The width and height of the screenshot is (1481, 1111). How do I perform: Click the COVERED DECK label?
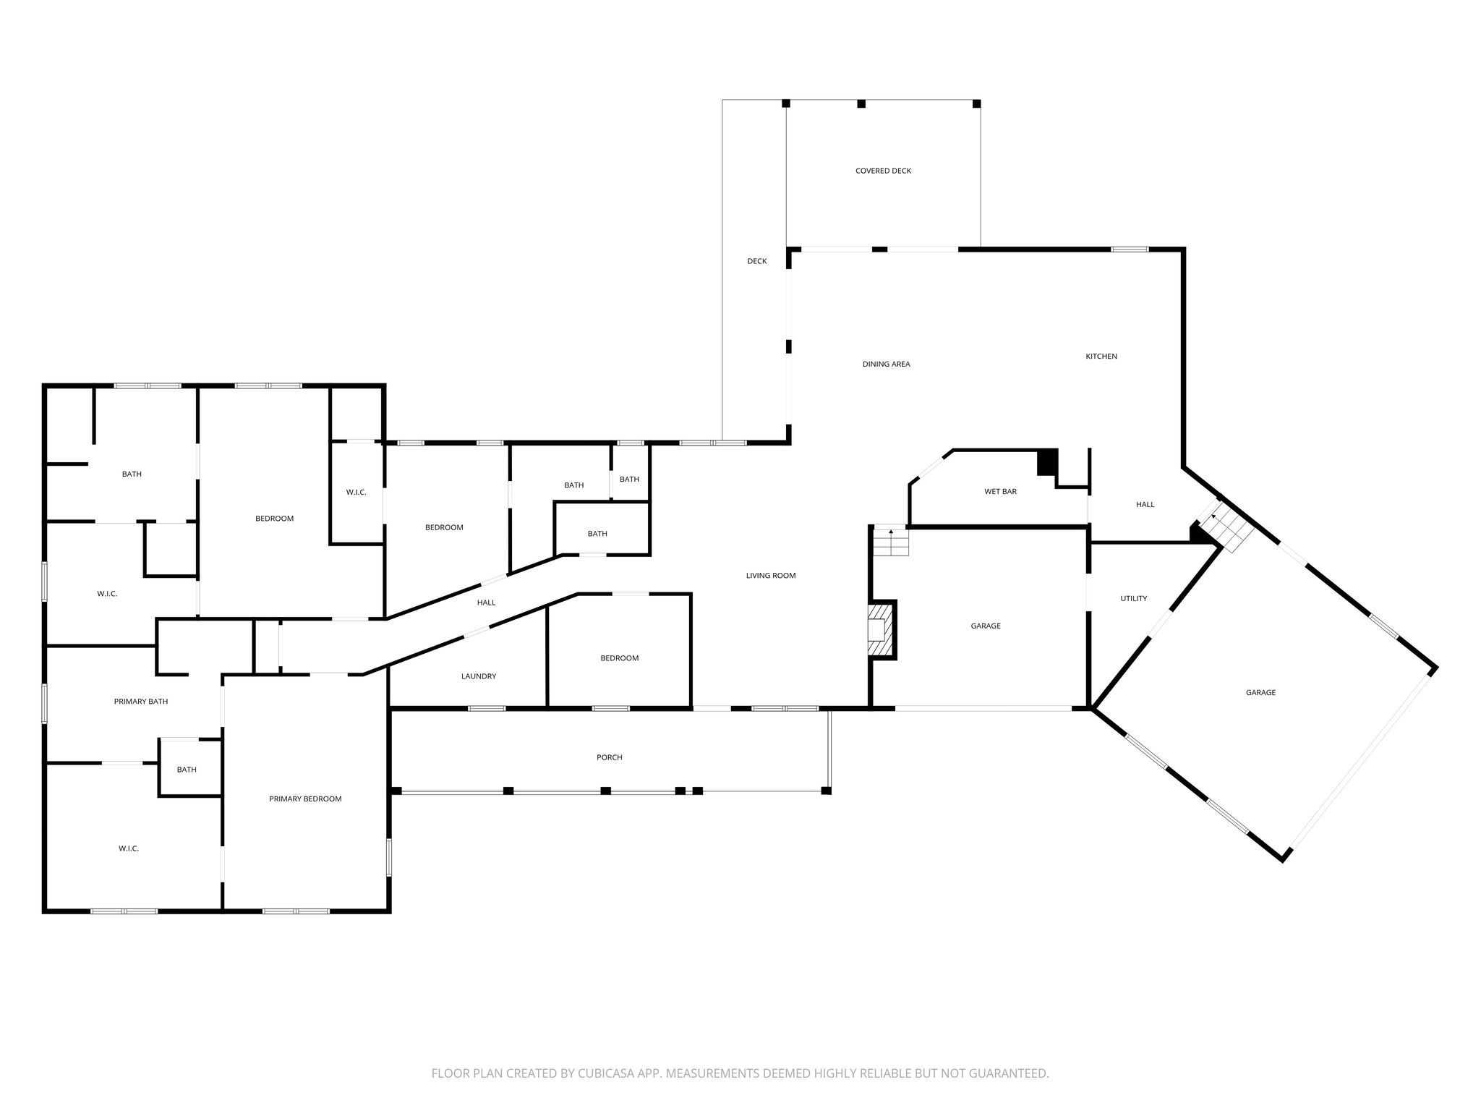[x=883, y=171]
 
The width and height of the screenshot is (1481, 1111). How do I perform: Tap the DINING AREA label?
[x=886, y=365]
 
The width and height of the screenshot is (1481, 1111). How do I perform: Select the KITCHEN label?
[x=1101, y=357]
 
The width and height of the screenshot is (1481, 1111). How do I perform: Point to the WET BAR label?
[x=1000, y=492]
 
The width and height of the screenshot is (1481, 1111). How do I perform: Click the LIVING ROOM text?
[x=771, y=576]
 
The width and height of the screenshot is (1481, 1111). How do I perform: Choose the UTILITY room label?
[x=1133, y=599]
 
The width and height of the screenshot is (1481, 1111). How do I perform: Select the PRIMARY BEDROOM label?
[x=305, y=799]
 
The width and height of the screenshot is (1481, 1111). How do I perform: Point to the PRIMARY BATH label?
[x=141, y=702]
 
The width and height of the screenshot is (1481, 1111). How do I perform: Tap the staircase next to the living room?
[x=891, y=542]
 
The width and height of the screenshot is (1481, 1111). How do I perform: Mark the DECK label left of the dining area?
[x=757, y=262]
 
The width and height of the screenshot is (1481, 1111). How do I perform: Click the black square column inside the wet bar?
[x=1047, y=463]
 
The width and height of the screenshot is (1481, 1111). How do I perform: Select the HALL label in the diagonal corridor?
[x=487, y=603]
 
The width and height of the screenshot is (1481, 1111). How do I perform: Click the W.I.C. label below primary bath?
[x=129, y=849]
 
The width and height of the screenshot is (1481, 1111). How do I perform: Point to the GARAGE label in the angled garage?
[x=1260, y=693]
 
